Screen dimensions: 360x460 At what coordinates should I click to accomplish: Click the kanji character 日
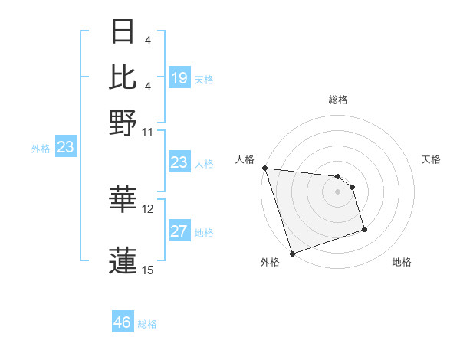[123, 32]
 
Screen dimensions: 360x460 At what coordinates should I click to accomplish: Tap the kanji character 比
[123, 77]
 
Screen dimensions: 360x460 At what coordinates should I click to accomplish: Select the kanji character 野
[123, 123]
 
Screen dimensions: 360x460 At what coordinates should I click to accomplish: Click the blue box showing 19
[179, 78]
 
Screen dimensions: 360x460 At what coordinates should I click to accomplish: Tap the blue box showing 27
[179, 231]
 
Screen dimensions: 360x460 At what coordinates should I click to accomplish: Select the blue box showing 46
[123, 322]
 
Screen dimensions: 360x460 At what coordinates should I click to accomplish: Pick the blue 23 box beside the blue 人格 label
[179, 162]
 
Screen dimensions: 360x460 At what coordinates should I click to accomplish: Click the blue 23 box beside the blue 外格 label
[65, 147]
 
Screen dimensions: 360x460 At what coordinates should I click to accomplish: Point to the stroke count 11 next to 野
[148, 132]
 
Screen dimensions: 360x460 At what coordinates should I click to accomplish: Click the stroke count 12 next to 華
[148, 208]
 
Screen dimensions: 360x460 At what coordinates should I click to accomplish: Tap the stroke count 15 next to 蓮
[148, 270]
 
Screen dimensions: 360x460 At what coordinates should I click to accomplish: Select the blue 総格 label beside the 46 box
[147, 324]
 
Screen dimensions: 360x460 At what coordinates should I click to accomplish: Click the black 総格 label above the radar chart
[338, 100]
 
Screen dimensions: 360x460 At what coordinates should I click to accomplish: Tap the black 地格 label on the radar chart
[402, 263]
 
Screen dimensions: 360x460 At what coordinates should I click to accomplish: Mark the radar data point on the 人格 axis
[264, 168]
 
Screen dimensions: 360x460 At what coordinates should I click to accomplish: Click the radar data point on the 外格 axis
[292, 254]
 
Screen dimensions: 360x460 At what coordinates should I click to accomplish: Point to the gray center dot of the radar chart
[338, 191]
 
